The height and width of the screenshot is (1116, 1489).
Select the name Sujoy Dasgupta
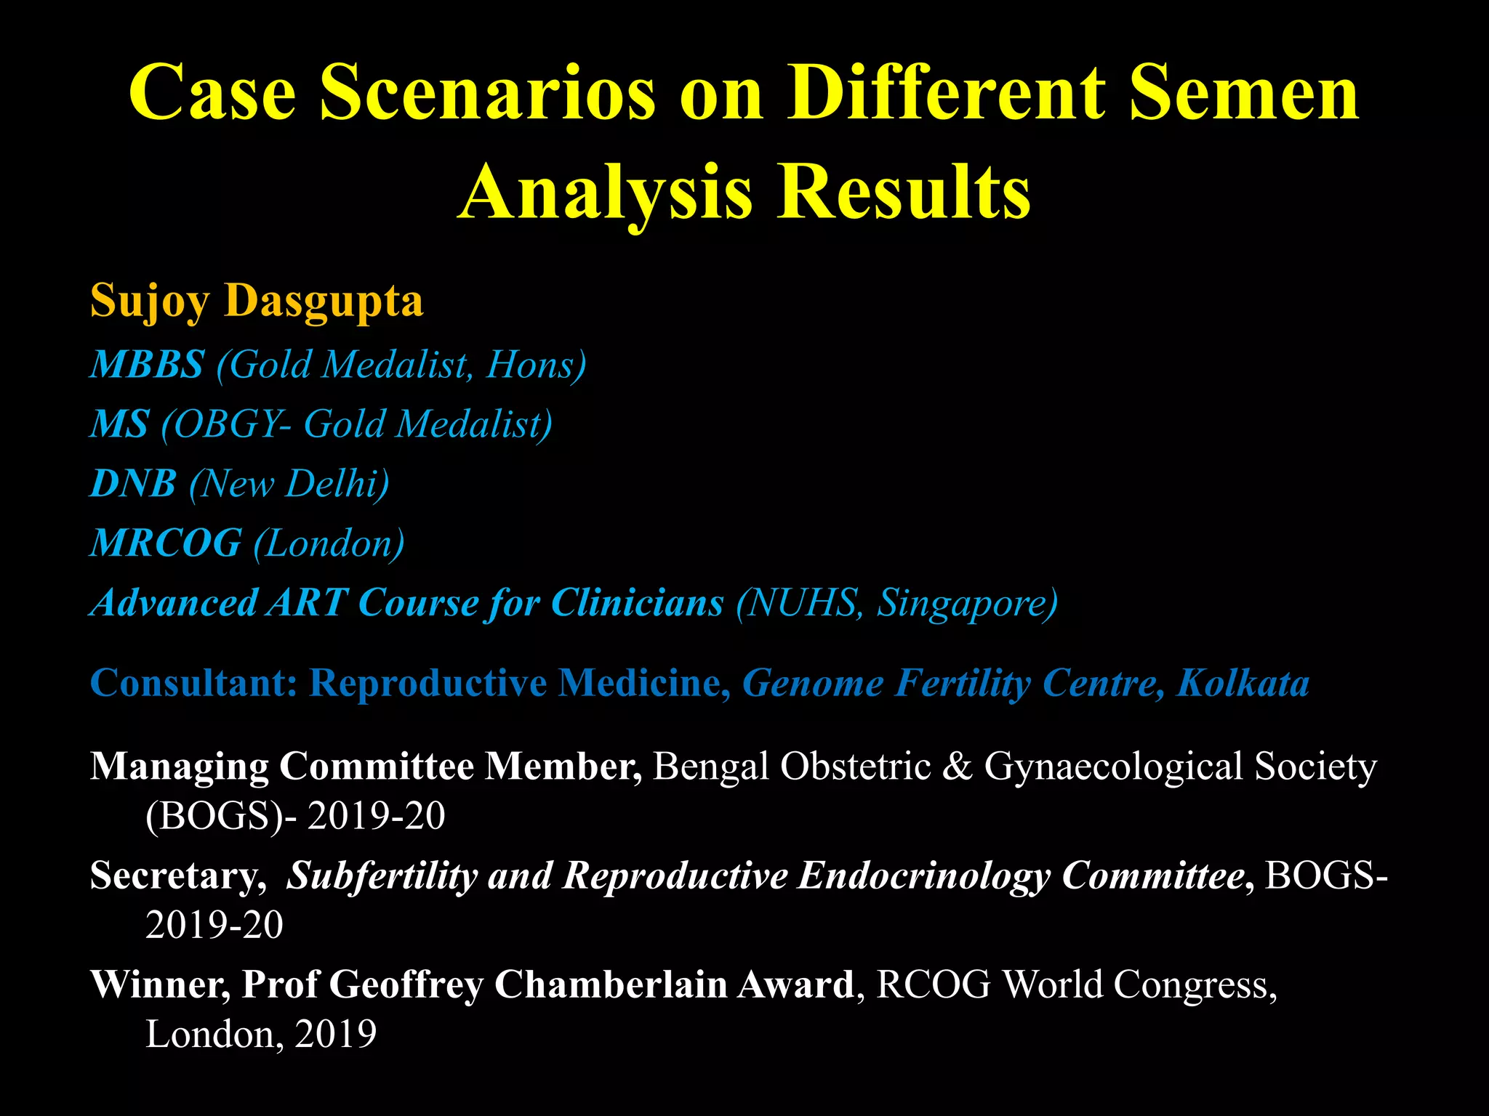coord(257,301)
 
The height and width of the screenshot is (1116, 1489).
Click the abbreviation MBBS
coord(148,364)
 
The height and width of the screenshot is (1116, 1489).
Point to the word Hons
coord(531,364)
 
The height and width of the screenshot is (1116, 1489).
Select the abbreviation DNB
coord(134,484)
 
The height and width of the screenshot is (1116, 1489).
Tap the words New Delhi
coord(289,484)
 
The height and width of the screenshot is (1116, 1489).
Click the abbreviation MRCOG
coord(166,543)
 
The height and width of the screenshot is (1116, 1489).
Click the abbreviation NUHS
coord(801,603)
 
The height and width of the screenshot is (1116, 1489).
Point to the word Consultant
coord(193,683)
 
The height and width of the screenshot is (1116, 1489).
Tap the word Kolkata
coord(1243,683)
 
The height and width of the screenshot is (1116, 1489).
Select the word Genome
coord(812,683)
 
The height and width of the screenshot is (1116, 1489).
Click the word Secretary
coord(177,876)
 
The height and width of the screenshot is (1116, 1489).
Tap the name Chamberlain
coord(611,985)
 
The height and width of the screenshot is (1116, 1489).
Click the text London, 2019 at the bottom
coord(261,1035)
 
